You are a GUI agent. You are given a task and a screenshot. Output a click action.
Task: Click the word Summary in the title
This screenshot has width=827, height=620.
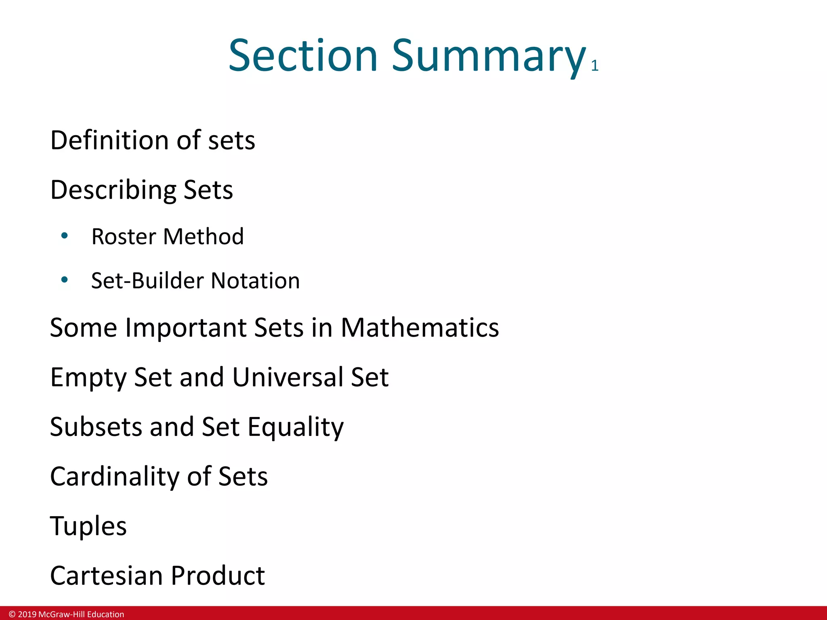tap(489, 57)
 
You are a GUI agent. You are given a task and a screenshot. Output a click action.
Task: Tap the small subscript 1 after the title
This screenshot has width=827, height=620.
tap(594, 66)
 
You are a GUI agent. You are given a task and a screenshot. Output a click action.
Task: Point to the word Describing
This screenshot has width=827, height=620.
tap(113, 190)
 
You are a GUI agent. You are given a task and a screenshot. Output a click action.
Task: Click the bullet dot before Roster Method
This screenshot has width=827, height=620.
tap(64, 235)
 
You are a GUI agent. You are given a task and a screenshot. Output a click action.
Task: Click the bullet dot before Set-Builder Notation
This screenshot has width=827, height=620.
tap(64, 279)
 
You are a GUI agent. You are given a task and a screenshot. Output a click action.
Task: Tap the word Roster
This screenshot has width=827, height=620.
tap(124, 237)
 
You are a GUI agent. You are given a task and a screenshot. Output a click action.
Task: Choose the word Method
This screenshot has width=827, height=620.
tap(204, 237)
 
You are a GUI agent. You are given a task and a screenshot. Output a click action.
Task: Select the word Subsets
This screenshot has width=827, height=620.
tap(96, 427)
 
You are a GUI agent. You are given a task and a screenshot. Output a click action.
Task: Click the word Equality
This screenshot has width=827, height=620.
tap(296, 427)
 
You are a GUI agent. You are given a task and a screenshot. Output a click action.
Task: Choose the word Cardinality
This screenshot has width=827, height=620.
tap(114, 476)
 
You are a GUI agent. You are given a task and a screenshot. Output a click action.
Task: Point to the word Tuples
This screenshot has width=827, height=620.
tap(88, 526)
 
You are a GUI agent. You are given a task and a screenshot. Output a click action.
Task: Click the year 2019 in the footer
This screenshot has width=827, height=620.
tap(27, 614)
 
